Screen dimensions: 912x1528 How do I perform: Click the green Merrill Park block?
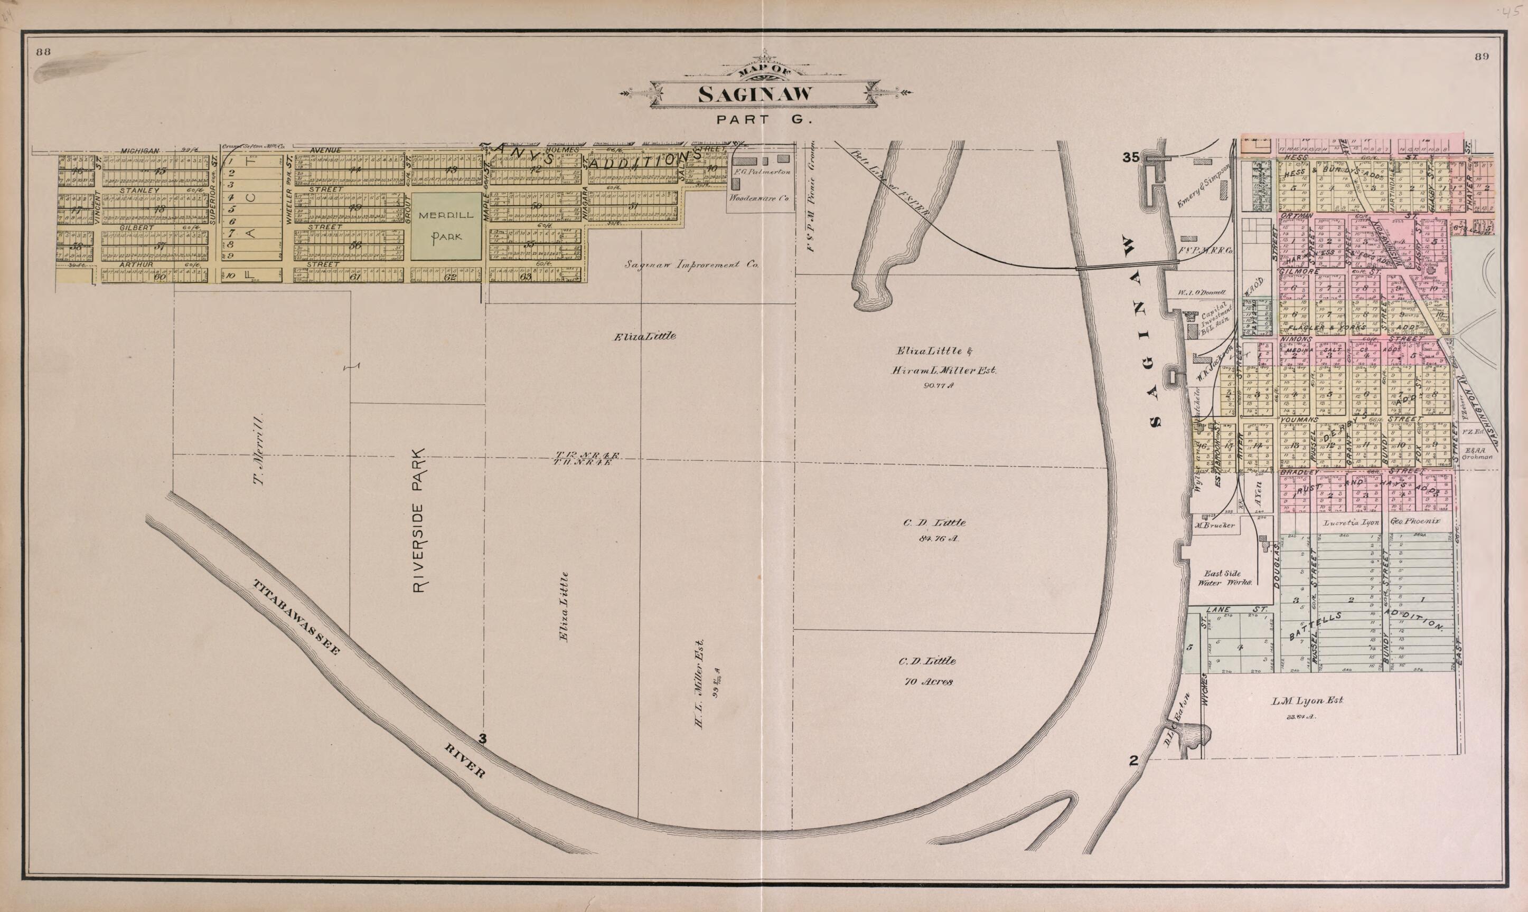pyautogui.click(x=446, y=226)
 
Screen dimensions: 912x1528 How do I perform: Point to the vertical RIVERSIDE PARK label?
pyautogui.click(x=419, y=520)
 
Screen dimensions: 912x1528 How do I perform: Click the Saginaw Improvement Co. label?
pyautogui.click(x=692, y=265)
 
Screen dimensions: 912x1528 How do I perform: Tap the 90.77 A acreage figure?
pyautogui.click(x=937, y=386)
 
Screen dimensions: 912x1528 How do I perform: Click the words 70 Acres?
pyautogui.click(x=929, y=681)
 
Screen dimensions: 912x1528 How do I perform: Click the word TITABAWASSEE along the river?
pyautogui.click(x=296, y=616)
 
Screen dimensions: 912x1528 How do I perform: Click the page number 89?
pyautogui.click(x=1482, y=56)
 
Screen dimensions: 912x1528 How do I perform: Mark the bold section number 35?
pyautogui.click(x=1131, y=157)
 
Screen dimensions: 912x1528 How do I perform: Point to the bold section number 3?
pyautogui.click(x=483, y=739)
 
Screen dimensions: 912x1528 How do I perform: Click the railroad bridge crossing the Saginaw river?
pyautogui.click(x=1127, y=265)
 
